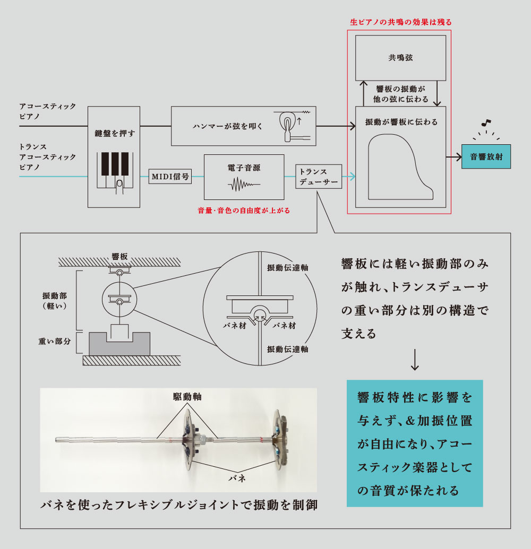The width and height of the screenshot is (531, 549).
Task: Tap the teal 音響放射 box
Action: click(x=486, y=157)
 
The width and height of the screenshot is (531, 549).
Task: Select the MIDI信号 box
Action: click(x=170, y=176)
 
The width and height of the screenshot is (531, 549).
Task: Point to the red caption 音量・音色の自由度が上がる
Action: click(x=244, y=211)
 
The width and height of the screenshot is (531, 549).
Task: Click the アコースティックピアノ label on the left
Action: click(x=48, y=111)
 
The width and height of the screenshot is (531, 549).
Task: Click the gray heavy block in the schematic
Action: click(x=120, y=345)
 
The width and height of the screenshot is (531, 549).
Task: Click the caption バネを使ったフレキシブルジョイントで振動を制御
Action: click(x=179, y=505)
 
